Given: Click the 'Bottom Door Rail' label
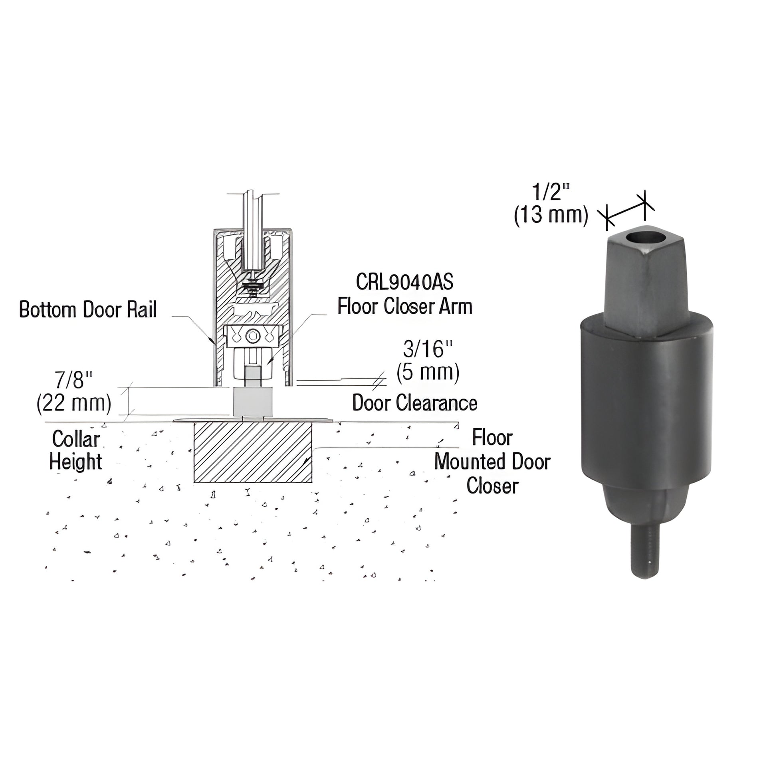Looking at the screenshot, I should click(88, 310).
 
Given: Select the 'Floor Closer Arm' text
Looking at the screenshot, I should click(404, 307).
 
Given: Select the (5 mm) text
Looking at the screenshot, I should click(428, 373).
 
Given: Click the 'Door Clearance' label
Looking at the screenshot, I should click(414, 403).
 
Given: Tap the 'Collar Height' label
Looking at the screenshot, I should click(75, 450).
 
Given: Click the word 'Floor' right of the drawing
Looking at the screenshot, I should click(492, 438).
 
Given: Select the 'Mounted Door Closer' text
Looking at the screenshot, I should click(492, 474).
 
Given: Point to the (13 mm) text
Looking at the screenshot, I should click(551, 215).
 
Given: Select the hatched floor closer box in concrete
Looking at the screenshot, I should click(253, 452).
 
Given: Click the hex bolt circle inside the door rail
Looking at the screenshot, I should click(253, 335).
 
